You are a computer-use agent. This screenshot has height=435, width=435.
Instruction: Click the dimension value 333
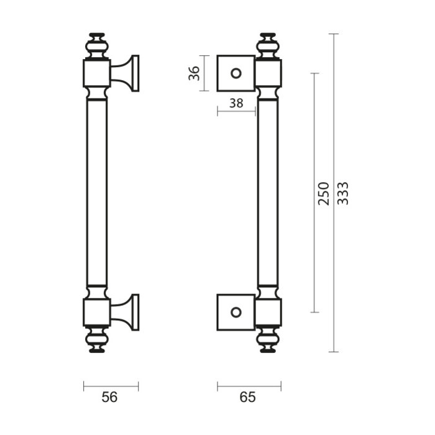[x=342, y=193]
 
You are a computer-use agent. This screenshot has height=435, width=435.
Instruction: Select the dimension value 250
[x=324, y=193]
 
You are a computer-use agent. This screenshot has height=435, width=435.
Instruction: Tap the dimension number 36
[x=194, y=73]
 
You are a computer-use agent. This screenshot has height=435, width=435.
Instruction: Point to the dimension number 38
[x=236, y=103]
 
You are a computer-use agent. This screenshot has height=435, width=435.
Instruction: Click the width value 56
[x=109, y=397]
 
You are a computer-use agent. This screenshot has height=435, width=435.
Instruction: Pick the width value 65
[x=247, y=397]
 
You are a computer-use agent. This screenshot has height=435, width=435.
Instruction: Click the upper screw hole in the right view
[x=236, y=73]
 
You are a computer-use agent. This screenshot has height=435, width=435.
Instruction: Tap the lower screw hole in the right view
[x=236, y=313]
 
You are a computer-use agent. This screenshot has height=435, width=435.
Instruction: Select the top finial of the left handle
[x=97, y=46]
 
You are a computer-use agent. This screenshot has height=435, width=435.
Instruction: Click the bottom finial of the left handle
[x=97, y=340]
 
